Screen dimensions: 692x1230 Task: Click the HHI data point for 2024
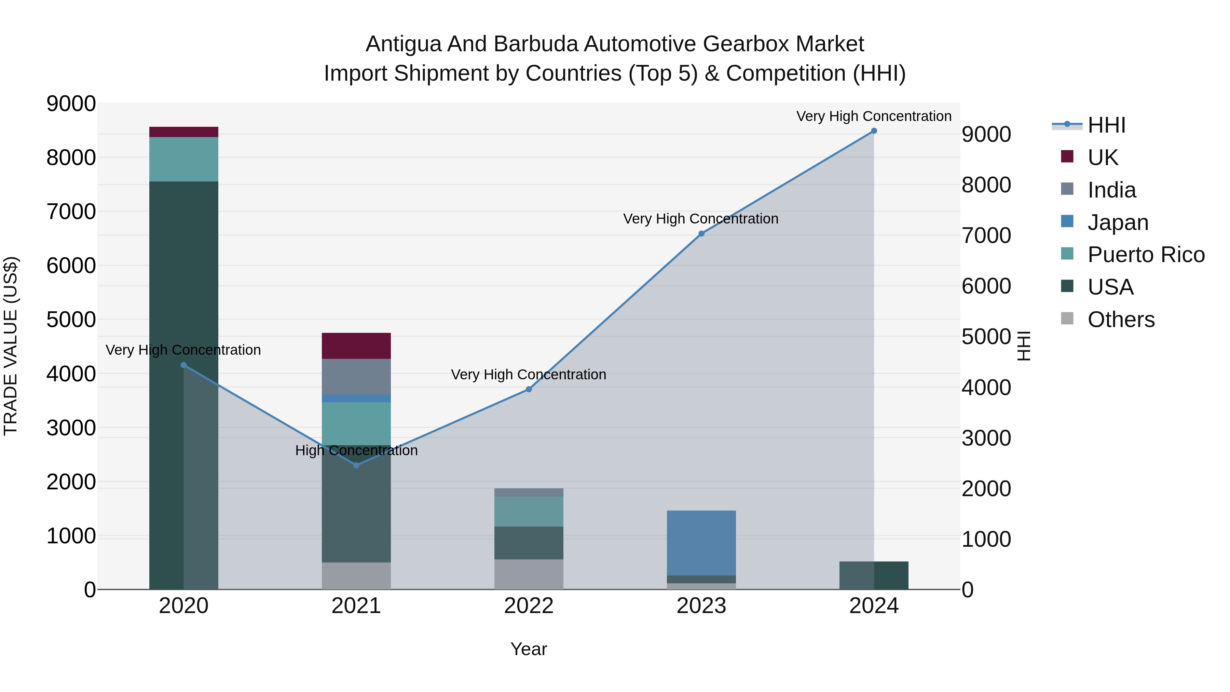pyautogui.click(x=874, y=131)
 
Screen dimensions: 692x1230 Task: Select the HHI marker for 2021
pyautogui.click(x=356, y=465)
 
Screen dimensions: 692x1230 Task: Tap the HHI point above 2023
pyautogui.click(x=701, y=233)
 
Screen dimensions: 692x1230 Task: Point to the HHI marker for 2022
pyautogui.click(x=529, y=389)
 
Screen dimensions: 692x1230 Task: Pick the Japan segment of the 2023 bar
pyautogui.click(x=701, y=543)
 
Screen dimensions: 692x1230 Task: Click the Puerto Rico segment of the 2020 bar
pyautogui.click(x=184, y=159)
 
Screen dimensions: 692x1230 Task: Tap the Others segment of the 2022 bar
pyautogui.click(x=529, y=574)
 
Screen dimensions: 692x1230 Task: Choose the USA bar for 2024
pyautogui.click(x=874, y=575)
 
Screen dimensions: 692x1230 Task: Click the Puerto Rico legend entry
pyautogui.click(x=1146, y=255)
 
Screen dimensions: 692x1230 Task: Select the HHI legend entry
pyautogui.click(x=1106, y=125)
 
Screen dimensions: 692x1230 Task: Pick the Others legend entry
pyautogui.click(x=1121, y=320)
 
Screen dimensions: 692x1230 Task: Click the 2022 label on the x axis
pyautogui.click(x=529, y=606)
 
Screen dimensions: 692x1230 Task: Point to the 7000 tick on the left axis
pyautogui.click(x=71, y=212)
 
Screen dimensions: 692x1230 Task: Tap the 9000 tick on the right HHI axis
pyautogui.click(x=986, y=135)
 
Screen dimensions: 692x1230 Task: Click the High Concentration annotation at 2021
pyautogui.click(x=356, y=450)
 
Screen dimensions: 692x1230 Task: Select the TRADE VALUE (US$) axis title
pyautogui.click(x=11, y=346)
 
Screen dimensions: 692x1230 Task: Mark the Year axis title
pyautogui.click(x=529, y=649)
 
